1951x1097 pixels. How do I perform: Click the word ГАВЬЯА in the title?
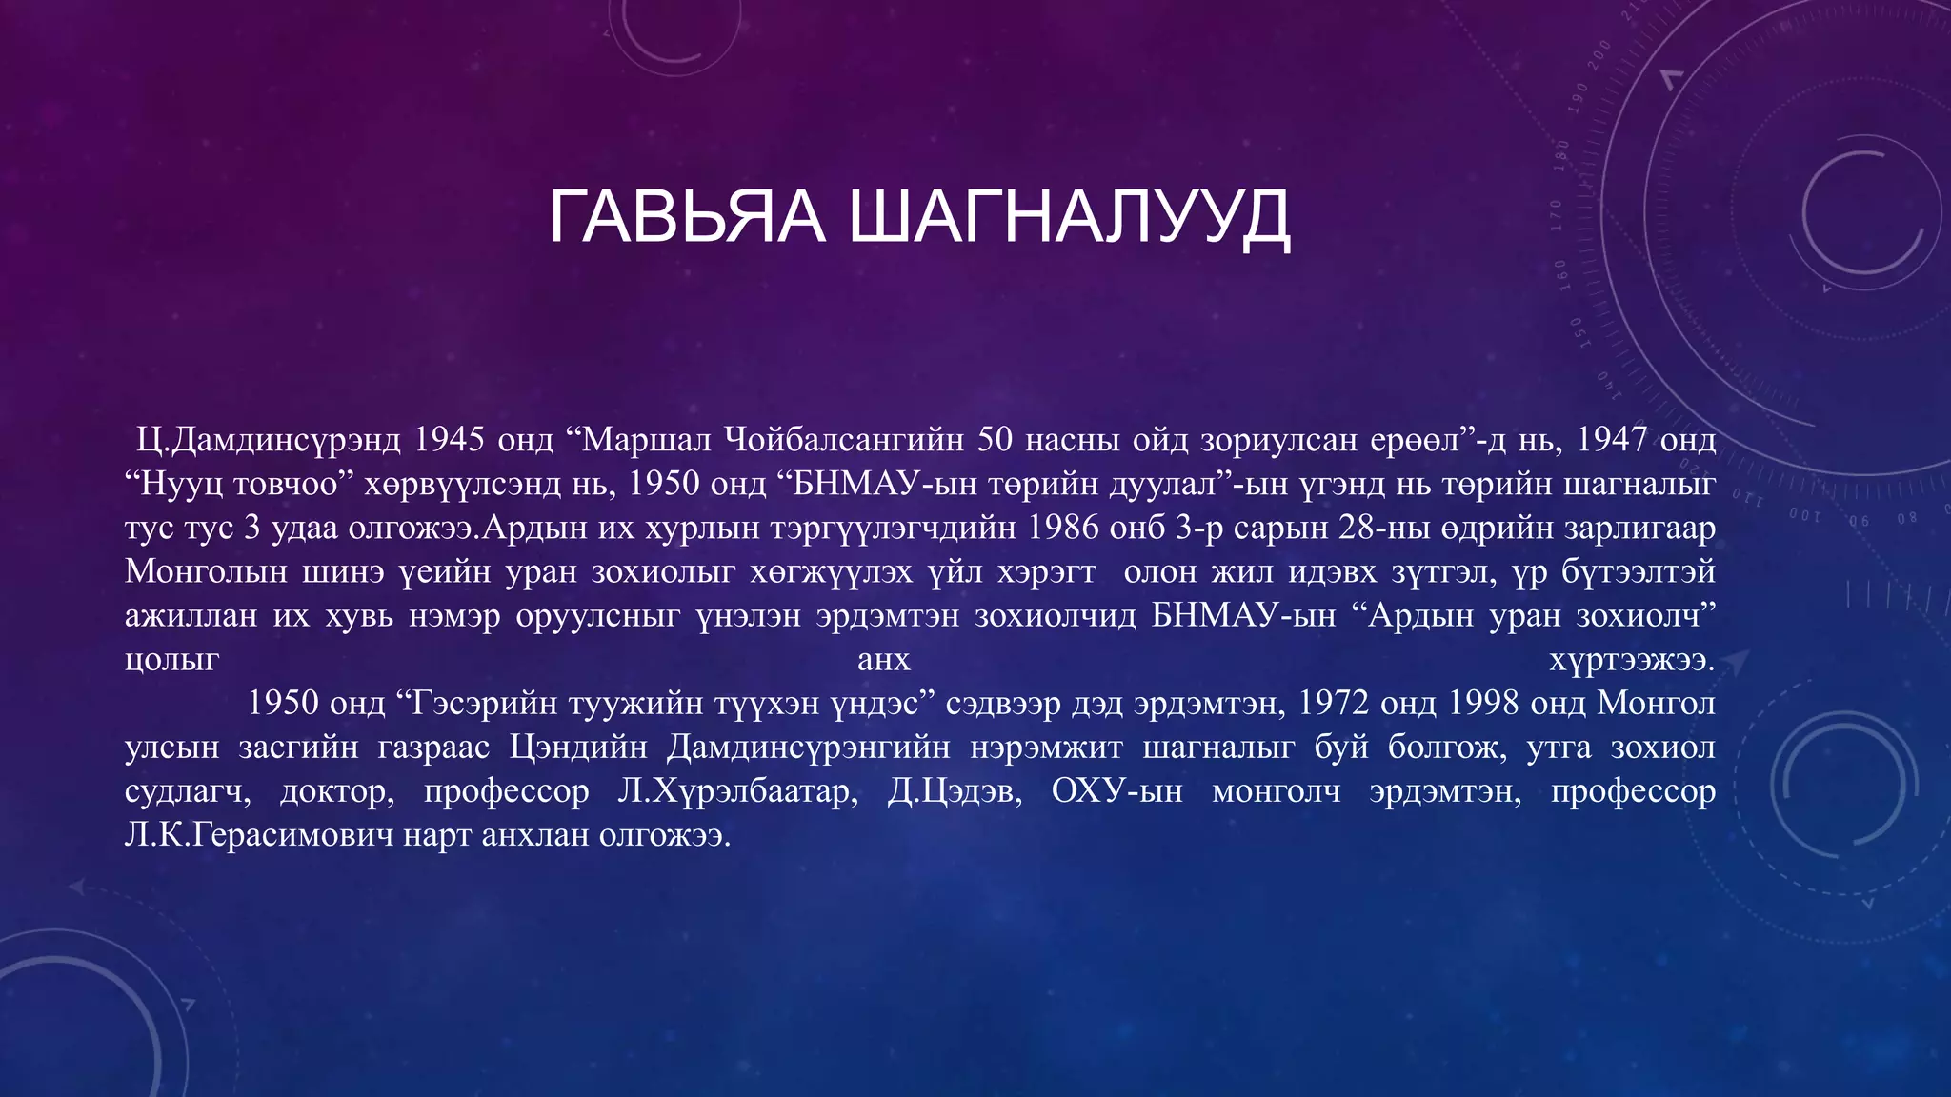point(686,217)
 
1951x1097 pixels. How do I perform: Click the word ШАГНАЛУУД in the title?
point(1069,217)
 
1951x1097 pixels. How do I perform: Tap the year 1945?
point(450,439)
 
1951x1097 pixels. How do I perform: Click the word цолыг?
point(172,659)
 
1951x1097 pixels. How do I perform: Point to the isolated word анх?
point(884,659)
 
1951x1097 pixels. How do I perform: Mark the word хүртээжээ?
point(1632,659)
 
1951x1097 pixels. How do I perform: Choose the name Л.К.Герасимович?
point(258,835)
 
